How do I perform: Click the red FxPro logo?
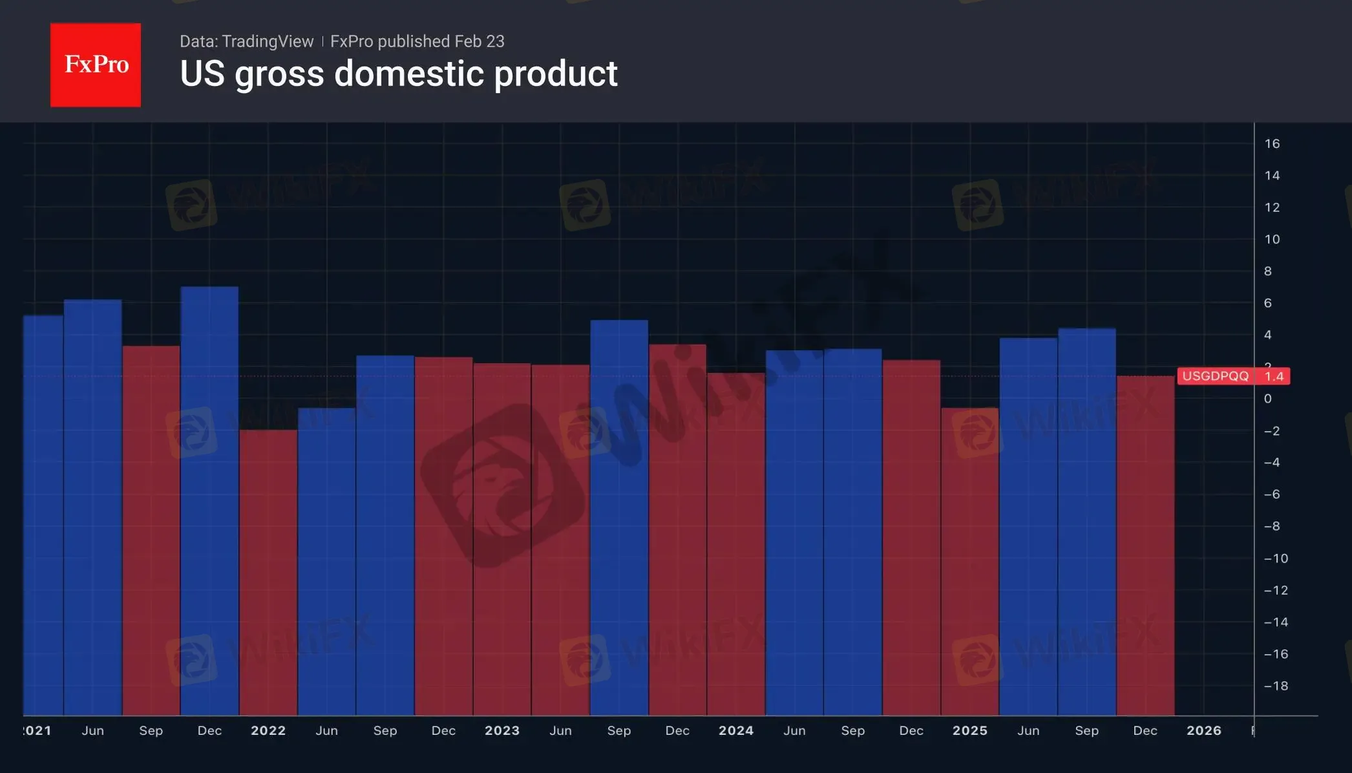pyautogui.click(x=96, y=65)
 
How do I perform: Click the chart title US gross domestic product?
pyautogui.click(x=398, y=74)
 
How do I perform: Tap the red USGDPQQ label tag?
pyautogui.click(x=1215, y=376)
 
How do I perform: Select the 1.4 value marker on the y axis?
pyautogui.click(x=1274, y=376)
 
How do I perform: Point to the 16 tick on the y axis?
pyautogui.click(x=1272, y=143)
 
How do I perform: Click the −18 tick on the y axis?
pyautogui.click(x=1276, y=686)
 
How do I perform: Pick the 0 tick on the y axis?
pyautogui.click(x=1268, y=399)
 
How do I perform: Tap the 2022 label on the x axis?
pyautogui.click(x=268, y=730)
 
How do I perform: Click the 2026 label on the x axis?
pyautogui.click(x=1204, y=730)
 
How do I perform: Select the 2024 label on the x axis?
pyautogui.click(x=736, y=730)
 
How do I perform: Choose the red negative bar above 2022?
pyautogui.click(x=268, y=572)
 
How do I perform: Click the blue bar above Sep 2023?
pyautogui.click(x=619, y=517)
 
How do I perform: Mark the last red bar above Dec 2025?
pyautogui.click(x=1145, y=546)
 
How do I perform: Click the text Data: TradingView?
pyautogui.click(x=246, y=41)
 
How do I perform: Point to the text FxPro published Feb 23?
pyautogui.click(x=417, y=41)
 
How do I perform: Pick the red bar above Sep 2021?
pyautogui.click(x=151, y=530)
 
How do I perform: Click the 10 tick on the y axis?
pyautogui.click(x=1272, y=239)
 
